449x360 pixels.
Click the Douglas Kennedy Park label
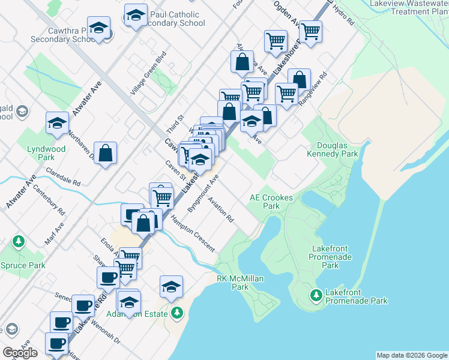click(x=340, y=150)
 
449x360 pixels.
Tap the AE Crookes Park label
click(x=271, y=202)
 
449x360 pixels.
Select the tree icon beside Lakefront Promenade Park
click(x=316, y=295)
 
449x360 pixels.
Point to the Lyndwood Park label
click(x=46, y=153)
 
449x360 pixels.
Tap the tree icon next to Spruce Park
click(x=19, y=241)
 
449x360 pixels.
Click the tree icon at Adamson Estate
click(x=177, y=313)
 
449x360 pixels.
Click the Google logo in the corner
click(x=20, y=353)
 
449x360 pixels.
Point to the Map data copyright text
click(x=411, y=355)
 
